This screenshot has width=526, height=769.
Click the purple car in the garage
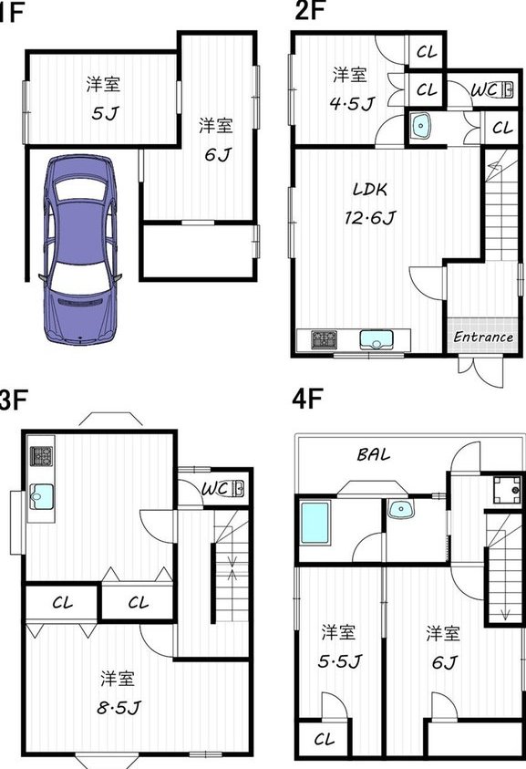pyautogui.click(x=81, y=249)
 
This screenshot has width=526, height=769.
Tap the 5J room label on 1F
pyautogui.click(x=105, y=114)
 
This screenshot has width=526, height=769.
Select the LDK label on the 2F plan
pyautogui.click(x=370, y=189)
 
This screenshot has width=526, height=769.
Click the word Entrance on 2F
pyautogui.click(x=483, y=337)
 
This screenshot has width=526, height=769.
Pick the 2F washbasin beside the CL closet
pyautogui.click(x=420, y=127)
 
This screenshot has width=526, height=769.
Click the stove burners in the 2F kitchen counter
pyautogui.click(x=325, y=340)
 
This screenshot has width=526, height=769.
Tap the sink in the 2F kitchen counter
pyautogui.click(x=376, y=339)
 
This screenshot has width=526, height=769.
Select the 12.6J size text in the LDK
pyautogui.click(x=370, y=217)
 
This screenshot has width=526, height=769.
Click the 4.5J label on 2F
pyautogui.click(x=353, y=103)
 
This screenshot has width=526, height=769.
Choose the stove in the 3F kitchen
pyautogui.click(x=41, y=456)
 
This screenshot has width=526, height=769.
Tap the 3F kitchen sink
pyautogui.click(x=41, y=497)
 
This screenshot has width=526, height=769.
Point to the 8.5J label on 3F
pyautogui.click(x=119, y=707)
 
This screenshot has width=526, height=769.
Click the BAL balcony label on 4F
pyautogui.click(x=374, y=454)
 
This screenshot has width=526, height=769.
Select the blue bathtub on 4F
pyautogui.click(x=315, y=523)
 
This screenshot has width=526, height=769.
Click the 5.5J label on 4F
pyautogui.click(x=340, y=661)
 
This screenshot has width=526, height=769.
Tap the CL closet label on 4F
pyautogui.click(x=324, y=739)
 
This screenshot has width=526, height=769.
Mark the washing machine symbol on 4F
pyautogui.click(x=507, y=490)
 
